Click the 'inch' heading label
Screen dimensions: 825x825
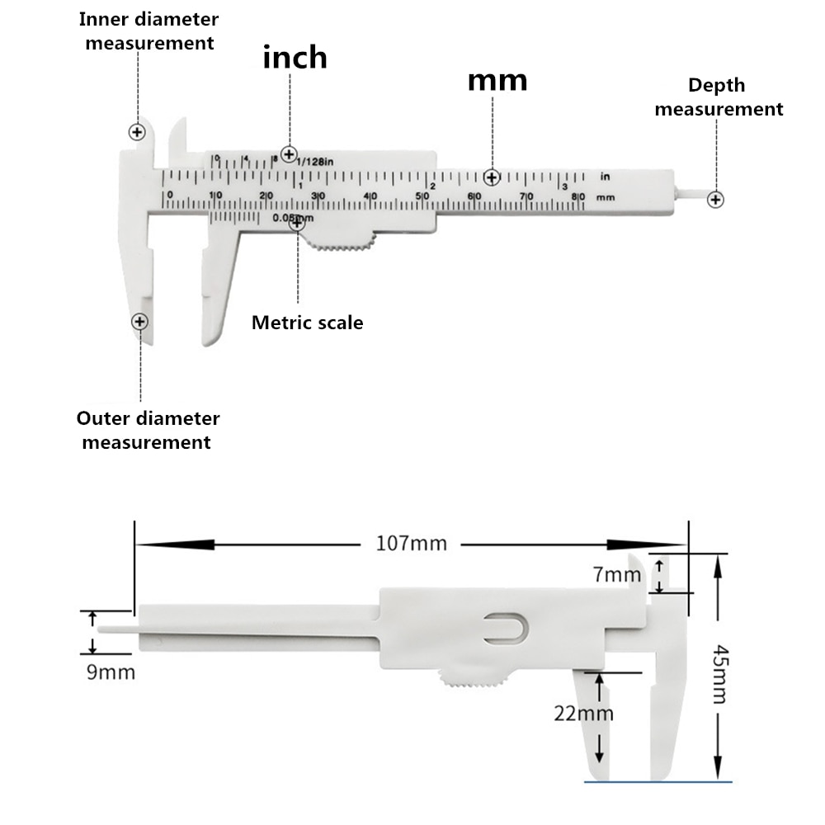[x=295, y=57]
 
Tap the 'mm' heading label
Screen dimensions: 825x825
[x=497, y=80]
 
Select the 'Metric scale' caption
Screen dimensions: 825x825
[x=307, y=323]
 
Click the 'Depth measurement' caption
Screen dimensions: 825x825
[x=718, y=97]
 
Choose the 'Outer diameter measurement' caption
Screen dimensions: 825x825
[x=148, y=430]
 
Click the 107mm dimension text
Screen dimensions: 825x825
[x=411, y=544]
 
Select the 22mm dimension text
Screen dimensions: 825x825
[x=583, y=714]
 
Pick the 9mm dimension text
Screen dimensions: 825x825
[x=111, y=672]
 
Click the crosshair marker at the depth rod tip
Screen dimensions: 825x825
[x=716, y=199]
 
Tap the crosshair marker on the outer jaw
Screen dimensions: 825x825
[x=140, y=322]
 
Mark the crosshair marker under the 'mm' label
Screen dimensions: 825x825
[x=493, y=177]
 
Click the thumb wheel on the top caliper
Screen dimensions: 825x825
[x=341, y=240]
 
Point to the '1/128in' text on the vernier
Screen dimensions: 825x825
[x=316, y=162]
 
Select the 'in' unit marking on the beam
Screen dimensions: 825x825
[x=605, y=176]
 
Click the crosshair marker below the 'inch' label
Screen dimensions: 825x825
[x=289, y=153]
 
